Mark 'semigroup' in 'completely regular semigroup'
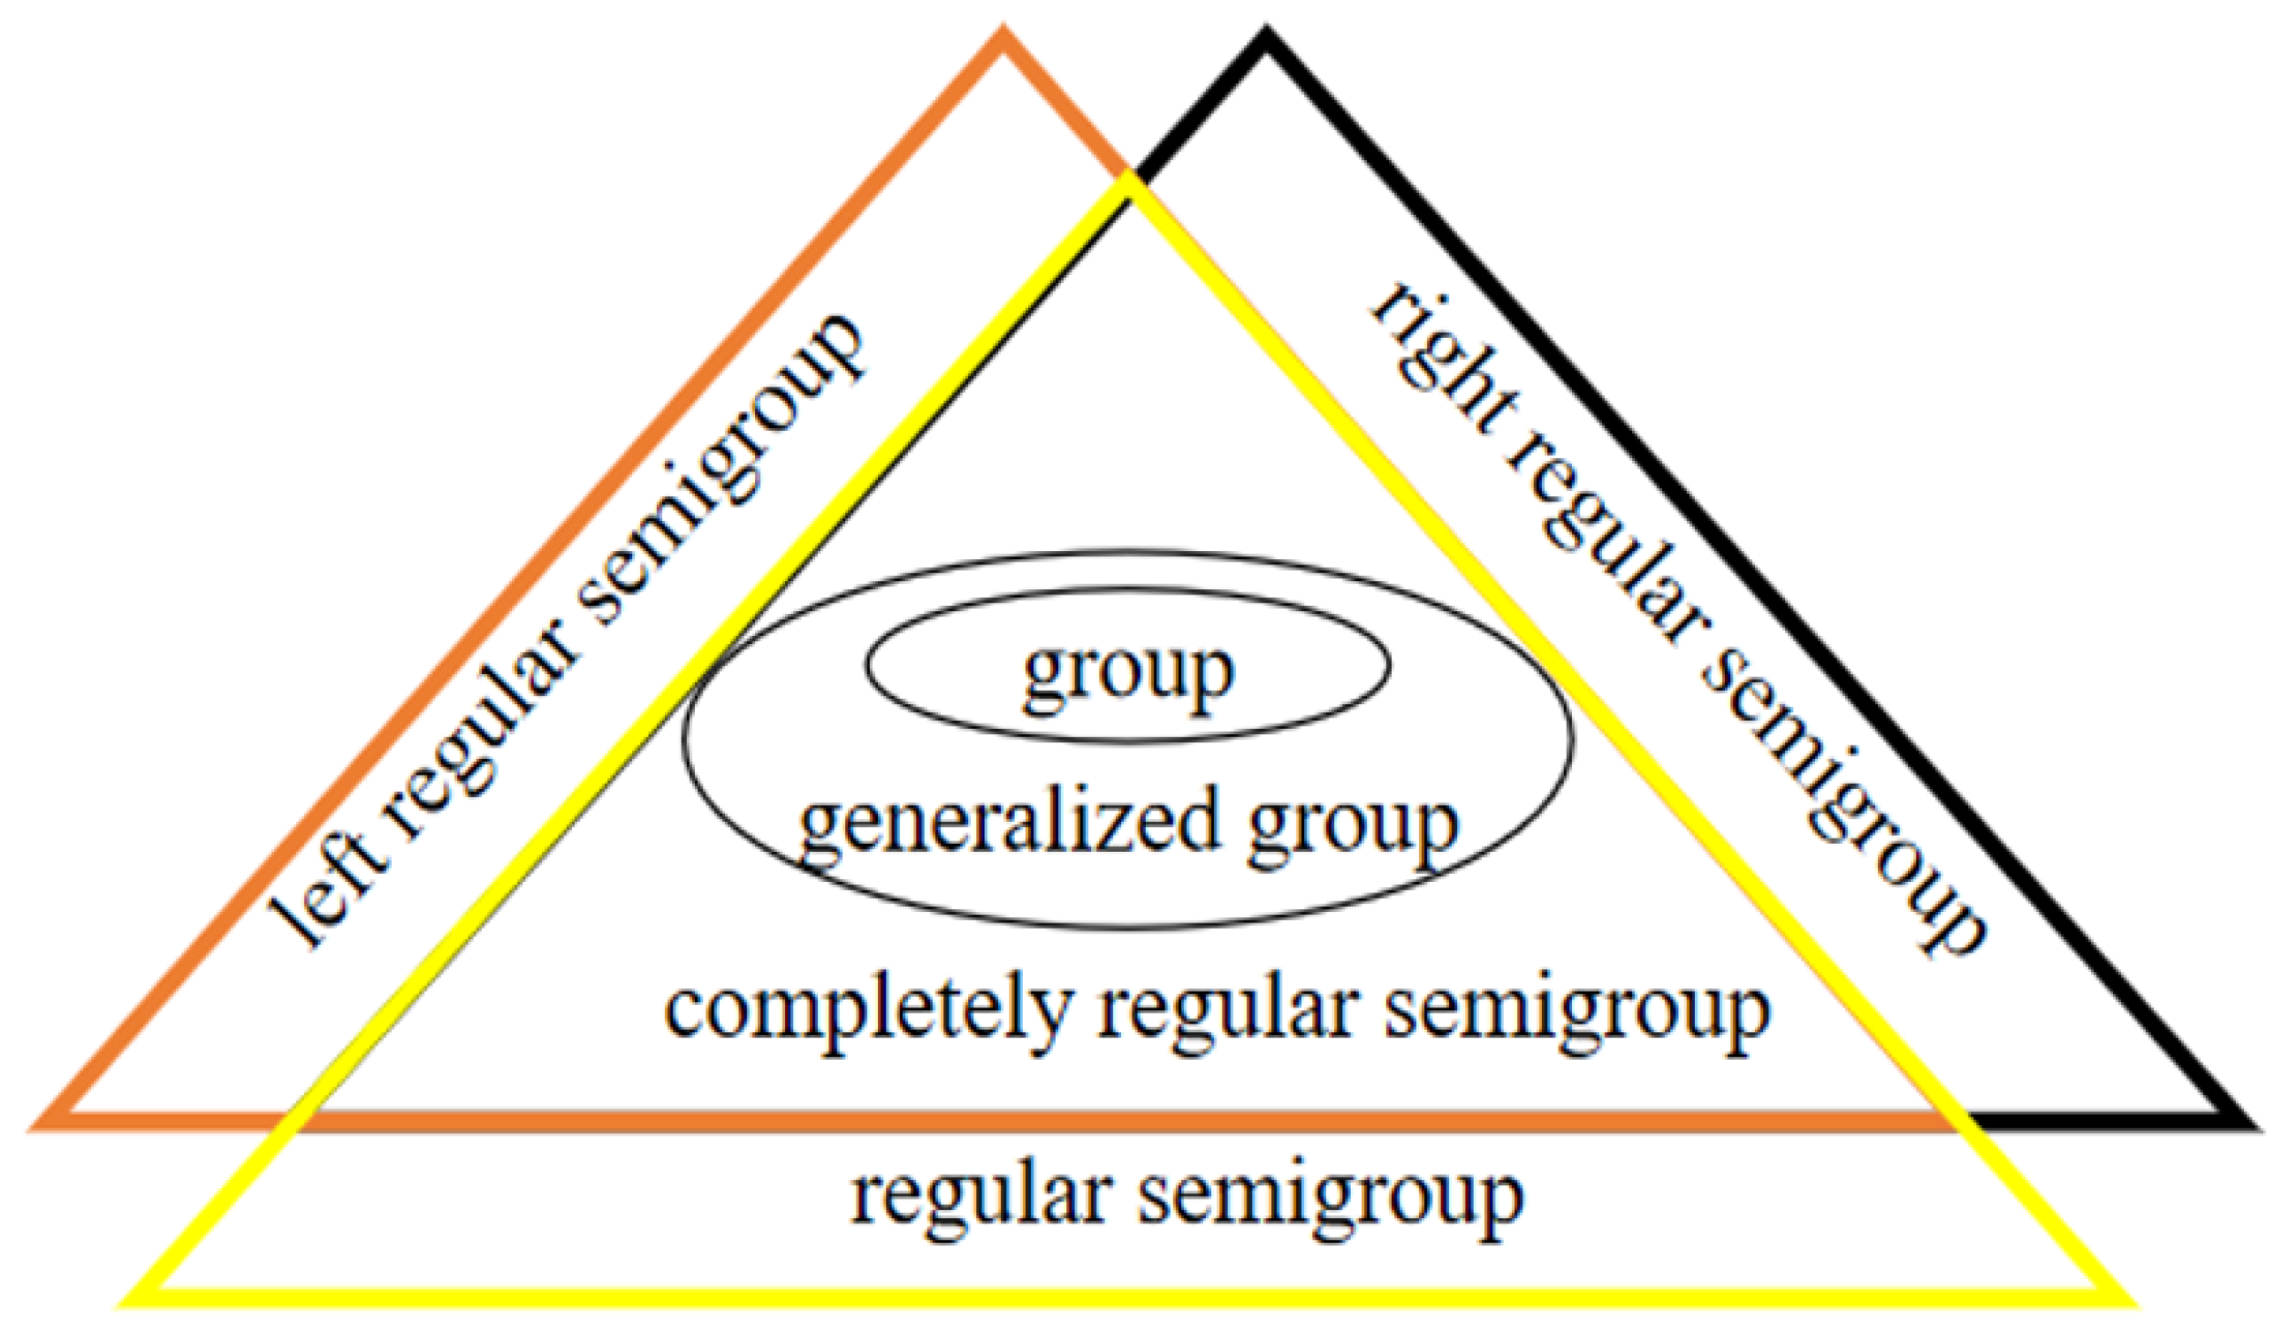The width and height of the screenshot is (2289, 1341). click(1577, 1014)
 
